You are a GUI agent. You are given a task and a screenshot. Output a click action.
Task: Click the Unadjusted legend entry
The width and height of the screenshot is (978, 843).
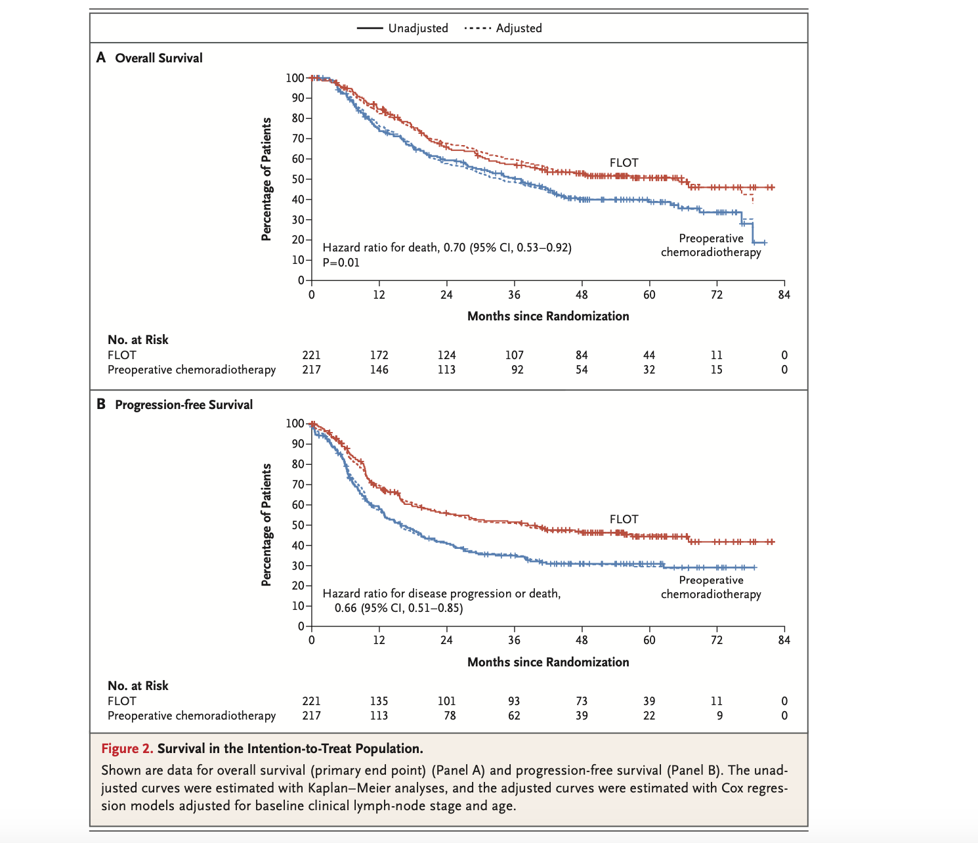[402, 28]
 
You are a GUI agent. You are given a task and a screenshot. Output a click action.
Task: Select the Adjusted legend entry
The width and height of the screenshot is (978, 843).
[503, 28]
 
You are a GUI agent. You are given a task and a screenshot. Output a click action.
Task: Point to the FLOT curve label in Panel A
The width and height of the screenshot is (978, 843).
[624, 163]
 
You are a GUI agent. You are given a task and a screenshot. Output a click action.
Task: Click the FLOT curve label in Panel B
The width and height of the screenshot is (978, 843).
[624, 519]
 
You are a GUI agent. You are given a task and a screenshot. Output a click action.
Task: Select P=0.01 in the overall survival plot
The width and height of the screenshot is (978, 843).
[341, 263]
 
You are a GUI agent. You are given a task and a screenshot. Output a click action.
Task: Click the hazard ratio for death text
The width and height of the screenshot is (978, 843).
[446, 248]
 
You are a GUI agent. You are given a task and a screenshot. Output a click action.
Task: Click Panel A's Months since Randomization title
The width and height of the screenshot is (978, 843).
[548, 316]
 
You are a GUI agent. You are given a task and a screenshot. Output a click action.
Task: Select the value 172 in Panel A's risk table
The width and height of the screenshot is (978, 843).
[379, 355]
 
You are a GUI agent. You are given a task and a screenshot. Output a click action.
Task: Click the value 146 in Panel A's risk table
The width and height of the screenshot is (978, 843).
[379, 370]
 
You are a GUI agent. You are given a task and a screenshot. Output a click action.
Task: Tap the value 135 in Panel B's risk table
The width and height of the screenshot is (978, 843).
[379, 701]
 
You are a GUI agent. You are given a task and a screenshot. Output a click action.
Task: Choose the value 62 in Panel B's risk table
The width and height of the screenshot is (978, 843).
[514, 716]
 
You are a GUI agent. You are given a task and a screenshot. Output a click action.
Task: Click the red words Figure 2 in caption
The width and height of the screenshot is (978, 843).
[127, 749]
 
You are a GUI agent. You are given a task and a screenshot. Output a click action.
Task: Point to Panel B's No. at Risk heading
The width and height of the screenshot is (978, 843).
[138, 686]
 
